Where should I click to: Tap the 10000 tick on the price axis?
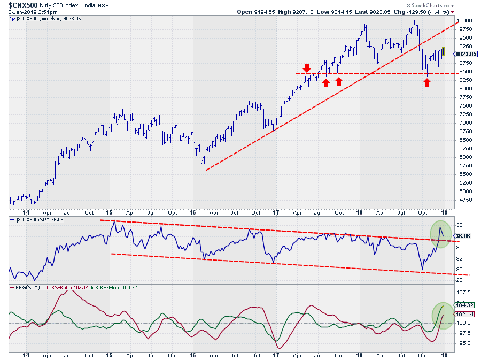(466, 20)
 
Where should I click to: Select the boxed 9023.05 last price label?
(466, 54)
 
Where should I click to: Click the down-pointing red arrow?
(306, 68)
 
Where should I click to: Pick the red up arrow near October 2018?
(426, 82)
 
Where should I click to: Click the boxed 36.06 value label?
(463, 236)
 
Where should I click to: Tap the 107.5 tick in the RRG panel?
(464, 293)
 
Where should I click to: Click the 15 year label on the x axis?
(109, 355)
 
